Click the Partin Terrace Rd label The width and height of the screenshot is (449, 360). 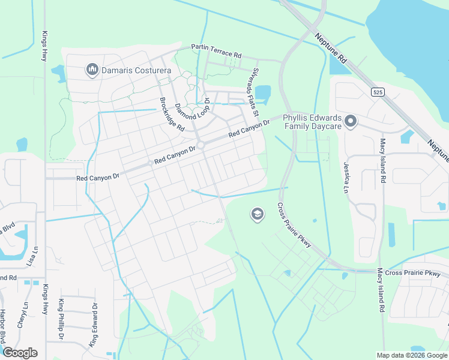pos(216,50)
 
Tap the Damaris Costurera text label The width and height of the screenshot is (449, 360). pos(136,71)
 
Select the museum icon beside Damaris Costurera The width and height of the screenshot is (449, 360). pos(92,70)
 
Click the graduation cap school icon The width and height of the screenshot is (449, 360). pos(258,214)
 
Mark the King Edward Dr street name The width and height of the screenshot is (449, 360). pos(94,325)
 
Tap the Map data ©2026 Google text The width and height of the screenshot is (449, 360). pos(412,355)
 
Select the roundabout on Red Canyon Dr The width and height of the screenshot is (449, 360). pos(201,145)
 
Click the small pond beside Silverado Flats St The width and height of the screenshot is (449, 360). pos(265,94)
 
